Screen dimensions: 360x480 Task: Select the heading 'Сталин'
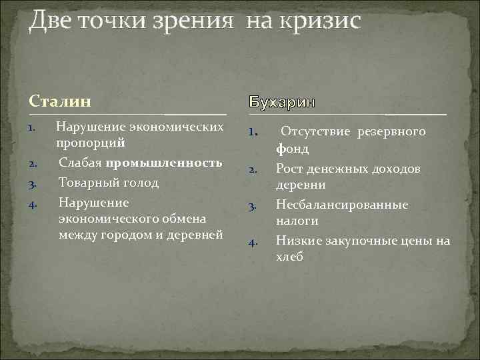pos(60,101)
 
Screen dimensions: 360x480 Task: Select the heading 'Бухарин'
pos(283,103)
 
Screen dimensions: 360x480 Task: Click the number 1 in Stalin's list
pos(33,125)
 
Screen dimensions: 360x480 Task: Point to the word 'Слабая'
pos(80,163)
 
